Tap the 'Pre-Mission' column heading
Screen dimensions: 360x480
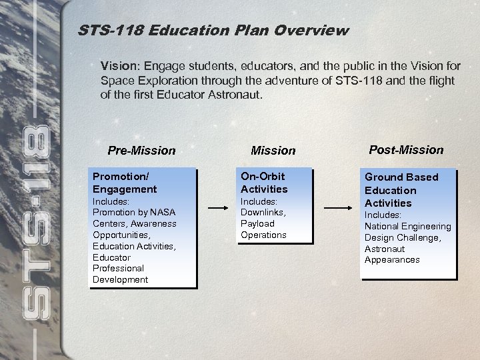[x=141, y=151]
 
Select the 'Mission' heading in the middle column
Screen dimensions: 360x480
[x=273, y=151]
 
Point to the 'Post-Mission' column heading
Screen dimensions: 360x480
[x=405, y=149]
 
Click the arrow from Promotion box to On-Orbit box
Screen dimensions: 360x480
[x=219, y=207]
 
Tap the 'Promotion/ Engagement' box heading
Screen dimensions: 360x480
[x=125, y=183]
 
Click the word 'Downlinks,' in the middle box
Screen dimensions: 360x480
[x=263, y=212]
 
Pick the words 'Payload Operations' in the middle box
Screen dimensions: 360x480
[x=263, y=229]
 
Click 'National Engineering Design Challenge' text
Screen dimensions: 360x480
[x=407, y=232]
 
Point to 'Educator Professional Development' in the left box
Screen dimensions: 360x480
[x=120, y=268]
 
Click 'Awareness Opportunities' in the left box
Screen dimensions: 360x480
[x=134, y=229]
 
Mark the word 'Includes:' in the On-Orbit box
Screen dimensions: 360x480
[x=259, y=201]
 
